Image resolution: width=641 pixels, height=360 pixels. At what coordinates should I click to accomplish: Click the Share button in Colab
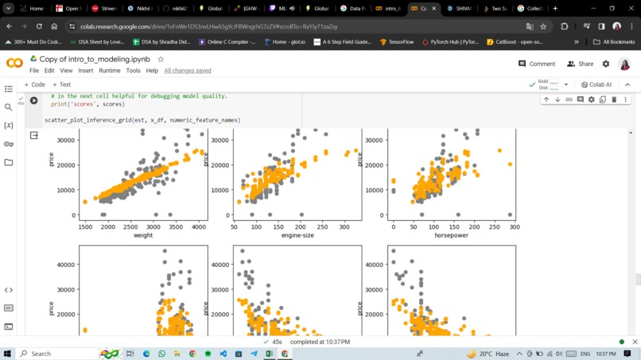581,64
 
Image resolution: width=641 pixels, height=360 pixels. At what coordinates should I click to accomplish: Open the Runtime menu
109,71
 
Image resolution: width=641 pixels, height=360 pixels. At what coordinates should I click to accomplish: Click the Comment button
537,64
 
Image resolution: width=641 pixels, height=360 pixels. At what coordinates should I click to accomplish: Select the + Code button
34,84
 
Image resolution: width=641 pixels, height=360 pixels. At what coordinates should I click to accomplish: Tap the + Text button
62,84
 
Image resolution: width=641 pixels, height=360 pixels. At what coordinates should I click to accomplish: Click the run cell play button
34,101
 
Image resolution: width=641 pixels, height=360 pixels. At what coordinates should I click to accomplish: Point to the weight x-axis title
143,235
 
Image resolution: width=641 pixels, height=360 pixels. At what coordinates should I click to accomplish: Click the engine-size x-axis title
297,235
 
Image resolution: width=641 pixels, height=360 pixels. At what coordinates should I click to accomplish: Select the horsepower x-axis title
451,235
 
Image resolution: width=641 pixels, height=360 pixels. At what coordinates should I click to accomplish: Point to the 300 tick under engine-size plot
343,226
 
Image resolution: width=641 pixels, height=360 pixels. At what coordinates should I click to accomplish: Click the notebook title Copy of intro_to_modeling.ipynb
95,59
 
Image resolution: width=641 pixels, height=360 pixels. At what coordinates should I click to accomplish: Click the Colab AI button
596,84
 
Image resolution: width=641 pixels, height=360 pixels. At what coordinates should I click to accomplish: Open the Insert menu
85,71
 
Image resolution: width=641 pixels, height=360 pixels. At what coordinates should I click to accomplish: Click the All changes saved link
188,71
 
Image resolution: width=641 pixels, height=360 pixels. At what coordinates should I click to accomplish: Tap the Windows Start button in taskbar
8,354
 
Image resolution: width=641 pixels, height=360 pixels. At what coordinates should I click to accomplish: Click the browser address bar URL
208,26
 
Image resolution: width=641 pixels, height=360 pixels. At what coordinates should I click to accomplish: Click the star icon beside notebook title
161,59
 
